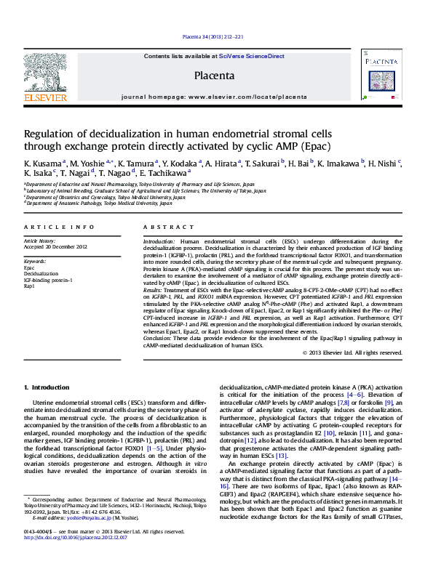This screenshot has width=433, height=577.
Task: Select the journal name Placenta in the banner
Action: click(x=214, y=76)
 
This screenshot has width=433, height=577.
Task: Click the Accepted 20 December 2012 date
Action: click(x=56, y=246)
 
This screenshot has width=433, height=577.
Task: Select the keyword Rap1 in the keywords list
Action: click(x=29, y=286)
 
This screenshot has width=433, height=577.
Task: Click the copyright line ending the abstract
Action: click(x=351, y=352)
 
